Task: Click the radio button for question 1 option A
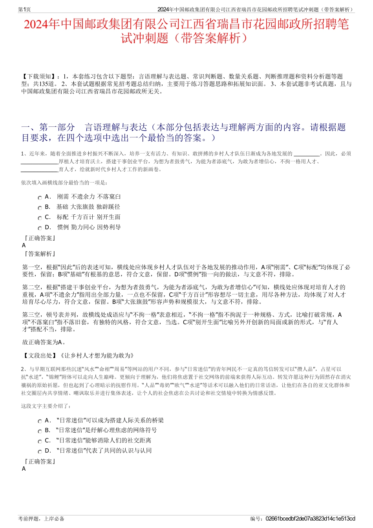[x=40, y=198]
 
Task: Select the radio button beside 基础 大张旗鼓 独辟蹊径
[x=40, y=208]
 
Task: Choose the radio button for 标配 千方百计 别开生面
[x=40, y=218]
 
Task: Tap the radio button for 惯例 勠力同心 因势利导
[x=40, y=228]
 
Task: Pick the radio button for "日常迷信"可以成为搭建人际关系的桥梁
[x=40, y=421]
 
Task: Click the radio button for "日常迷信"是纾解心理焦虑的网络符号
[x=40, y=431]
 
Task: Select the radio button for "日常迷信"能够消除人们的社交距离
[x=40, y=442]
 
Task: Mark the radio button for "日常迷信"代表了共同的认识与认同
[x=40, y=452]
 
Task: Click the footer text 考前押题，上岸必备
[x=41, y=519]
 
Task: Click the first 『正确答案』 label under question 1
[x=40, y=238]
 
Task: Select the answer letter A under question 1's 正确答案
[x=24, y=245]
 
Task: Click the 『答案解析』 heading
[x=40, y=254]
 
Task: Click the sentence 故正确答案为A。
[x=44, y=342]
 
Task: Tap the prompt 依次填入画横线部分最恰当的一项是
[x=64, y=183]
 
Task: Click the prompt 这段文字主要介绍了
[x=46, y=406]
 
